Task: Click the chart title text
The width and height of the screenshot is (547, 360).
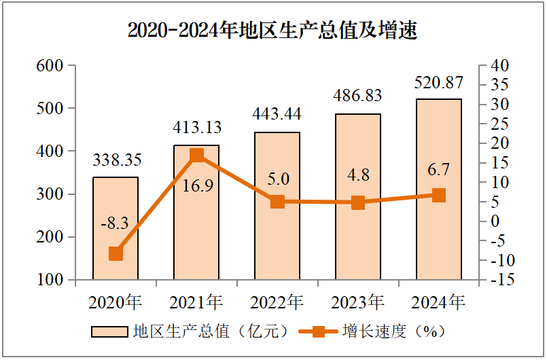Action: [x=272, y=31]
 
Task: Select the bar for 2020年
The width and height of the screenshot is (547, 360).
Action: [x=116, y=228]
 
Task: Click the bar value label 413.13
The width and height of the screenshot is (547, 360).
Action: [x=197, y=127]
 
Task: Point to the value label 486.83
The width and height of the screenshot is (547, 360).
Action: [x=357, y=96]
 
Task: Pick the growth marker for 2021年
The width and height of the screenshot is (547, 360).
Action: [x=196, y=156]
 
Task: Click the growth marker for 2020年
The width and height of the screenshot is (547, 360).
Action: [x=116, y=253]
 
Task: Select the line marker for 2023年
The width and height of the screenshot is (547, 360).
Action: [x=358, y=202]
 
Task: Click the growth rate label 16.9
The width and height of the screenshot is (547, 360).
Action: [x=198, y=185]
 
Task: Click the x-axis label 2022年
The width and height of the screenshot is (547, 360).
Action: [x=277, y=302]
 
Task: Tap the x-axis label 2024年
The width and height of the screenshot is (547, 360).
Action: [x=438, y=302]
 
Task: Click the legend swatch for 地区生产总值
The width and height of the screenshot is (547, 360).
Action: [x=109, y=331]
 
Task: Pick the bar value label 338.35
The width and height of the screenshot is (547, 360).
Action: [x=116, y=160]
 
